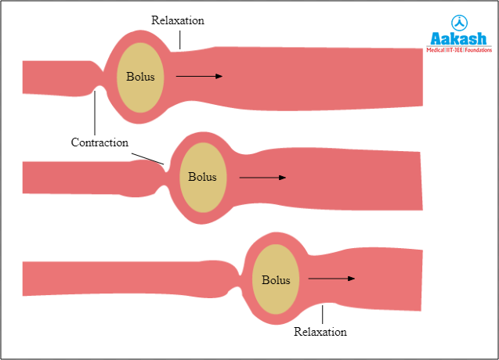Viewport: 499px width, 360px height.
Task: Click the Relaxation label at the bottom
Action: (x=320, y=332)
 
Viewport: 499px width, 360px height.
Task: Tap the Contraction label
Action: (x=99, y=142)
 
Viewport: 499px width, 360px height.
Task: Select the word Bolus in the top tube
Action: (x=141, y=77)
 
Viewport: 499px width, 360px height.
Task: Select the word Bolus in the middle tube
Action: (x=202, y=177)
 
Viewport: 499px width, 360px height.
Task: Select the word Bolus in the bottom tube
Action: (x=276, y=279)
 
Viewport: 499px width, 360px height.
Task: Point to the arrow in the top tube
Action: (x=199, y=76)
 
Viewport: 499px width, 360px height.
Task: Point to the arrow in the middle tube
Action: (x=262, y=178)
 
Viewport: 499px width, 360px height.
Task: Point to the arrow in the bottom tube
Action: (x=331, y=278)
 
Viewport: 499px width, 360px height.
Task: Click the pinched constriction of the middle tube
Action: (x=162, y=177)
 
